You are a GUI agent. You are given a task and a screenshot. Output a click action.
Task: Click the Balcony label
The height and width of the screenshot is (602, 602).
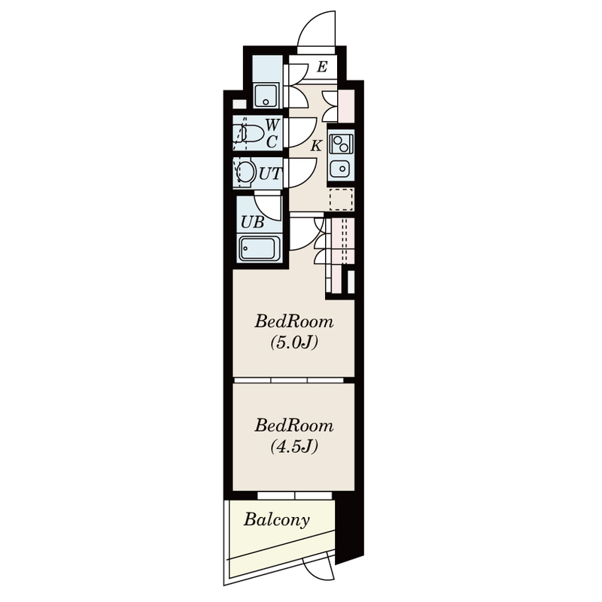click(276, 520)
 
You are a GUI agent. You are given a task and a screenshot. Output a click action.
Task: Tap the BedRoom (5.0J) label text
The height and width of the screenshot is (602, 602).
click(294, 332)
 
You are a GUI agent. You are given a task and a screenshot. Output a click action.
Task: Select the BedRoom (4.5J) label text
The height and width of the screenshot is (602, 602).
click(294, 436)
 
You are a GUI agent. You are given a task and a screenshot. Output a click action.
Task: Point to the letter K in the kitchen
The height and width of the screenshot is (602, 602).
click(316, 146)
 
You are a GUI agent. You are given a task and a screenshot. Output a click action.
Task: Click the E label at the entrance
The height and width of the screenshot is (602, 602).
click(322, 67)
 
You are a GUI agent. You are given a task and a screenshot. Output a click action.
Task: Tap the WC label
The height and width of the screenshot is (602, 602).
click(272, 133)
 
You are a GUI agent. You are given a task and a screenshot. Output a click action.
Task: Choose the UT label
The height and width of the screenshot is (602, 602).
click(270, 174)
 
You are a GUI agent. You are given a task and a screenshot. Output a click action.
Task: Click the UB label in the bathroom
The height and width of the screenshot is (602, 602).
click(253, 222)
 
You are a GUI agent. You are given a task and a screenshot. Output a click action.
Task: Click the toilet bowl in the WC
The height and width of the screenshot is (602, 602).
click(251, 133)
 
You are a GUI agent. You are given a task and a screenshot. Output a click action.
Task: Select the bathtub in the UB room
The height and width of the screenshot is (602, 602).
click(259, 248)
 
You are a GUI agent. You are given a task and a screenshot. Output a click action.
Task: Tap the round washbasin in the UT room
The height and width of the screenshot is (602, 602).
click(247, 172)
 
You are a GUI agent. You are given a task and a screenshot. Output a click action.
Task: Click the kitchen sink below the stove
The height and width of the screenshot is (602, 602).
click(341, 168)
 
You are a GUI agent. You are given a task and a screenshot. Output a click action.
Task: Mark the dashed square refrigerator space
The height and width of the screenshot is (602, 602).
click(342, 199)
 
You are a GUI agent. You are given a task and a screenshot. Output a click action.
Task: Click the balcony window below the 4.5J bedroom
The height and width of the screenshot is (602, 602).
click(295, 496)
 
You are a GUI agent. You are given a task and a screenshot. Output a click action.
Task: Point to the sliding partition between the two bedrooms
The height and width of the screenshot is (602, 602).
click(289, 380)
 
